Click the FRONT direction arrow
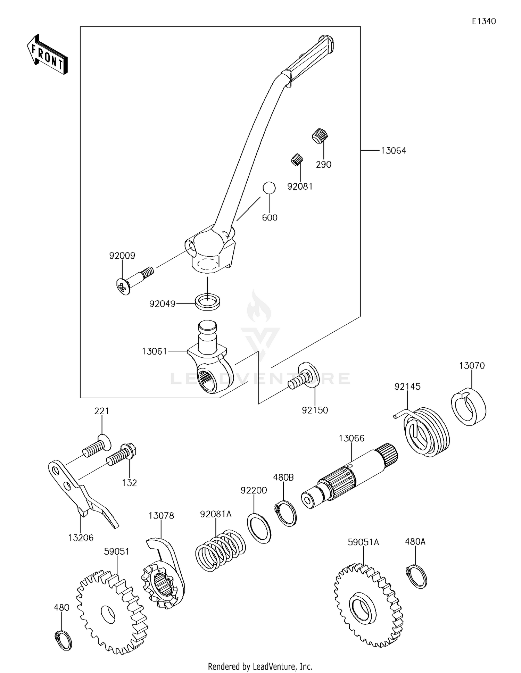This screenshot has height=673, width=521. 47,55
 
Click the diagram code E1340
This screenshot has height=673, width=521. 483,21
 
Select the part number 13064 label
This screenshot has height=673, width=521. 393,151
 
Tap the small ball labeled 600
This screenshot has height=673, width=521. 269,188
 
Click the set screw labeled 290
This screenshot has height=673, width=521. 320,135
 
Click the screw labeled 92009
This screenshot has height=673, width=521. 134,280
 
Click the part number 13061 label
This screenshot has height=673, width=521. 155,351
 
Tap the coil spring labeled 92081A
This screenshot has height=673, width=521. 220,550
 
